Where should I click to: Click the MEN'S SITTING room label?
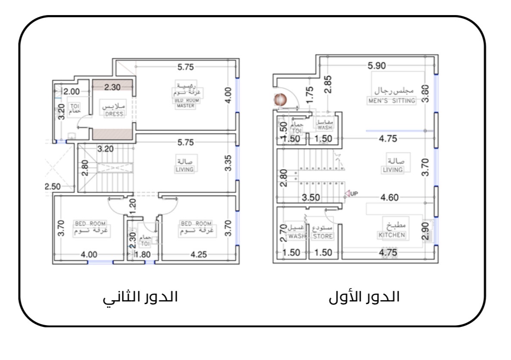[x=391, y=101]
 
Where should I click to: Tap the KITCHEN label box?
[x=392, y=235]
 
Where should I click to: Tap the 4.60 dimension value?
[x=390, y=198]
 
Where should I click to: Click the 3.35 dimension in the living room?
[x=228, y=163]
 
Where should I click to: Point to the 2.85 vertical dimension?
[x=328, y=84]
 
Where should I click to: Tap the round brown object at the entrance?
[x=280, y=100]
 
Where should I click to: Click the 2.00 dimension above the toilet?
[x=71, y=91]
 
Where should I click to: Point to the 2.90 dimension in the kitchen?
[x=425, y=231]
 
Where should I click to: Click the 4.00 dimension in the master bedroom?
[x=229, y=95]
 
